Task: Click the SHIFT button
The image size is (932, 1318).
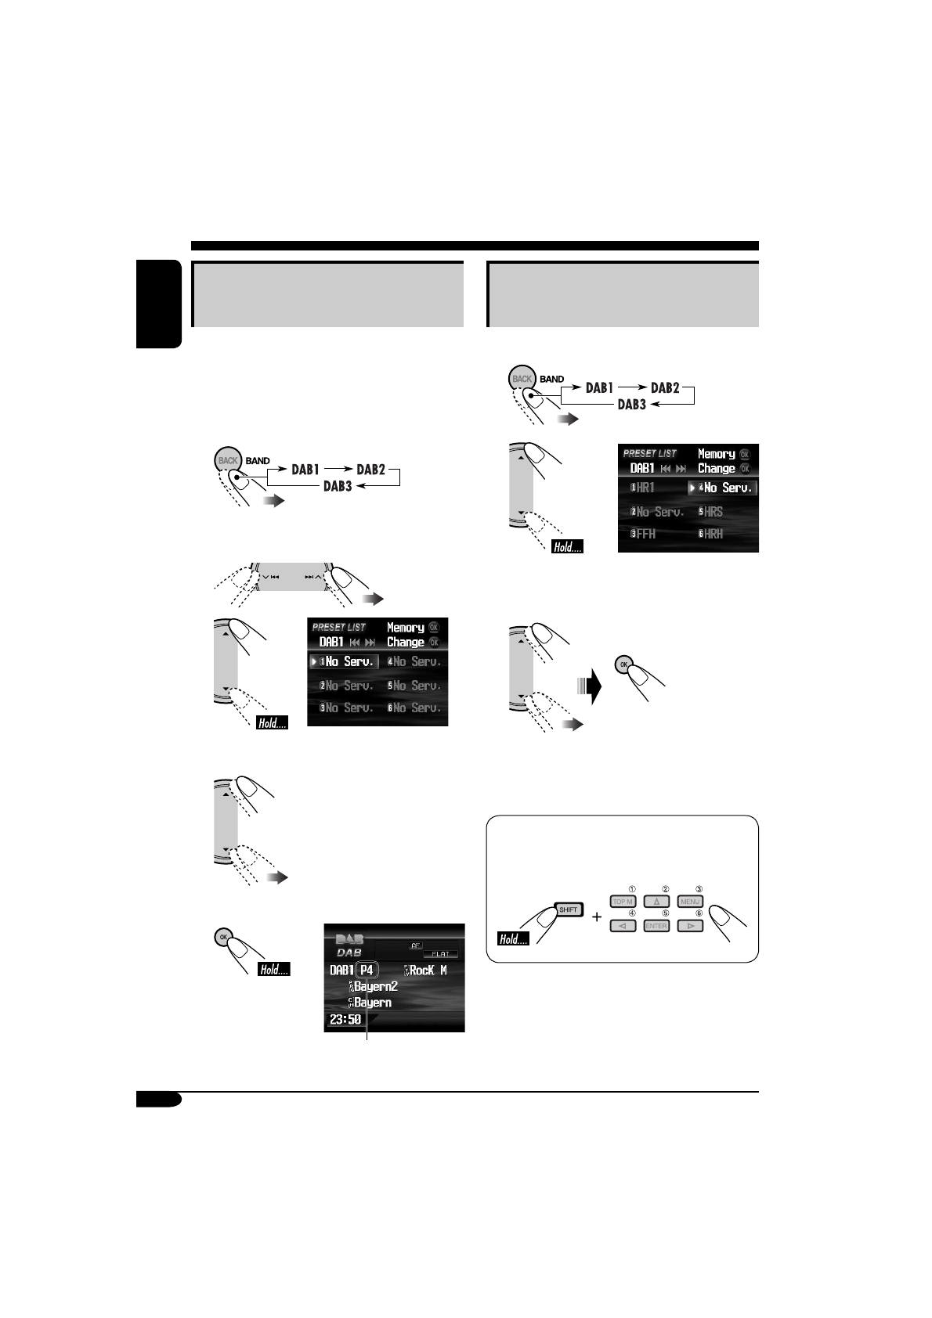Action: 568,910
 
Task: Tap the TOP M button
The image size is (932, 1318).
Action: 623,902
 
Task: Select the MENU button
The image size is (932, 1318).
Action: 690,902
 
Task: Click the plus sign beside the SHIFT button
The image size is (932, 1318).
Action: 597,916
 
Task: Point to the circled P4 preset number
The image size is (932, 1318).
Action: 367,970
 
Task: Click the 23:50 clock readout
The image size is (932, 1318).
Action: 345,1020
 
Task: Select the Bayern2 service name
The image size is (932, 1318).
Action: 375,986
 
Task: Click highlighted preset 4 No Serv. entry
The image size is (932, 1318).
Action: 724,488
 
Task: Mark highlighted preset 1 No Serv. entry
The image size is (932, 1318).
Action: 345,661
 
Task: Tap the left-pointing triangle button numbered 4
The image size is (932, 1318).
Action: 623,926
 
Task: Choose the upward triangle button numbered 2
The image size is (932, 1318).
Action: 656,902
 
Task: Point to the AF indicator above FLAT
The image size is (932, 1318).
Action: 416,945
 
